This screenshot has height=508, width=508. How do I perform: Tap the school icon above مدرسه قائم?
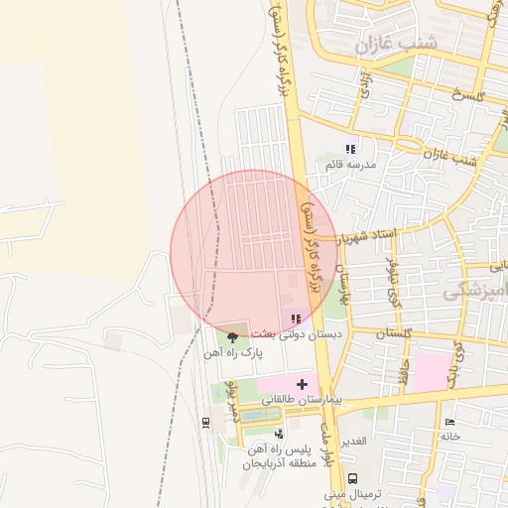[349, 149]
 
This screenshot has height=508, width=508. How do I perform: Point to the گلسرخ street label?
[465, 95]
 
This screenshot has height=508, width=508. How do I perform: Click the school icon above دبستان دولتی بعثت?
[295, 318]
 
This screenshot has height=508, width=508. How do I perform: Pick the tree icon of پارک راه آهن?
[233, 337]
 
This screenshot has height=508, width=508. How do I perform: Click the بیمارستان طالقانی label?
[302, 398]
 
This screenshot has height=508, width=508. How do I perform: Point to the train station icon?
[205, 423]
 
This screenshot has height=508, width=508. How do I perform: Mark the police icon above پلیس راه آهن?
[279, 434]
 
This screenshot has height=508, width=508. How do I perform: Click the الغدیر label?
[356, 440]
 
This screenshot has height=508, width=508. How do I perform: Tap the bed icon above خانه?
[449, 423]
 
